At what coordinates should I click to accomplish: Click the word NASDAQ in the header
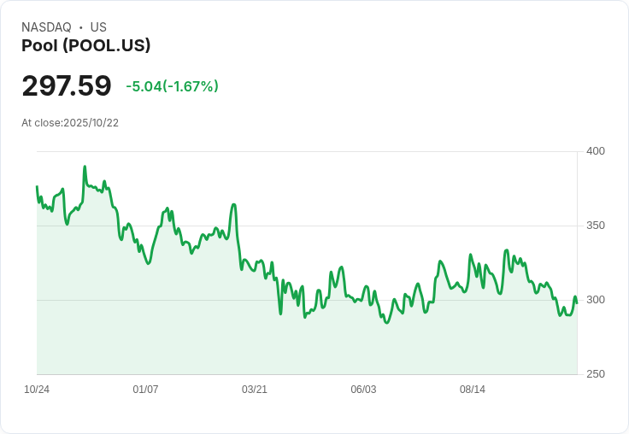(x=46, y=27)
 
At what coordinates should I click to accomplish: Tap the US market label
(x=98, y=27)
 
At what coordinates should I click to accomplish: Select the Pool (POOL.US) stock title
(x=85, y=46)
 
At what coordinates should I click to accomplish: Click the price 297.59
(x=67, y=86)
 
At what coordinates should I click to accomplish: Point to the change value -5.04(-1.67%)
(x=172, y=86)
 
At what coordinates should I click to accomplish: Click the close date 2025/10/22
(x=91, y=123)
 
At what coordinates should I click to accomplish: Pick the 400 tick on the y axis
(x=596, y=151)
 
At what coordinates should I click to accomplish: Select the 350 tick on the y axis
(x=596, y=226)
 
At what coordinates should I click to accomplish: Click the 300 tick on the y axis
(x=596, y=300)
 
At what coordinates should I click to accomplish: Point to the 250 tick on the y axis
(x=596, y=374)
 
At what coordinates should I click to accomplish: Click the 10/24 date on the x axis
(x=37, y=390)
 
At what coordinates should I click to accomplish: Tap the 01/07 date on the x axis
(x=145, y=390)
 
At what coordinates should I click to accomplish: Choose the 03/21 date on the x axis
(x=255, y=390)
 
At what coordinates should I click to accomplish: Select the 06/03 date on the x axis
(x=363, y=390)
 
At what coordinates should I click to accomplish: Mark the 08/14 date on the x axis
(x=473, y=390)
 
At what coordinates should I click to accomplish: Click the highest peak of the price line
(x=85, y=167)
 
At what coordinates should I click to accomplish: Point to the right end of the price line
(x=577, y=302)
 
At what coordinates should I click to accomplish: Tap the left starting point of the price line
(x=37, y=186)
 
